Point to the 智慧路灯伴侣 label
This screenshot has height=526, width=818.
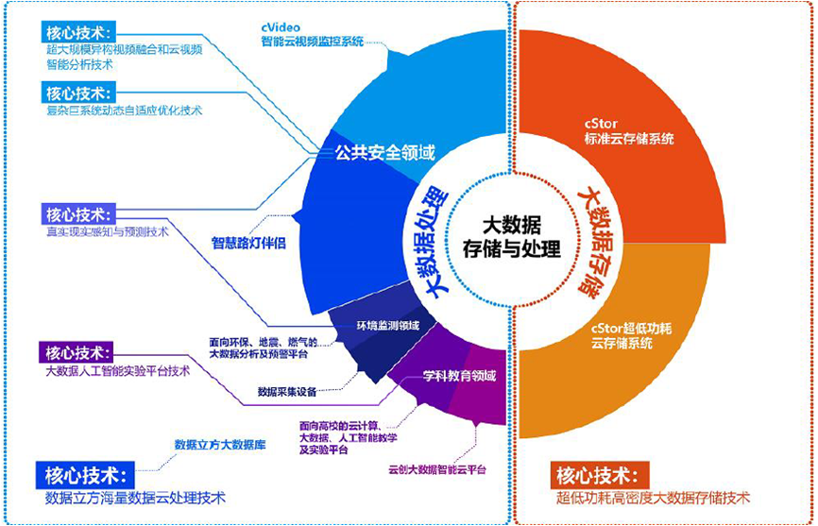tap(248, 241)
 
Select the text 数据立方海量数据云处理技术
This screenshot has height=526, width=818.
tap(136, 497)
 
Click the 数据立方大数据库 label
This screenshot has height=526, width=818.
tap(220, 444)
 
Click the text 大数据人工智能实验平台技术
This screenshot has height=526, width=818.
tap(118, 371)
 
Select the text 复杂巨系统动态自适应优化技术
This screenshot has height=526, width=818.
tap(124, 110)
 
